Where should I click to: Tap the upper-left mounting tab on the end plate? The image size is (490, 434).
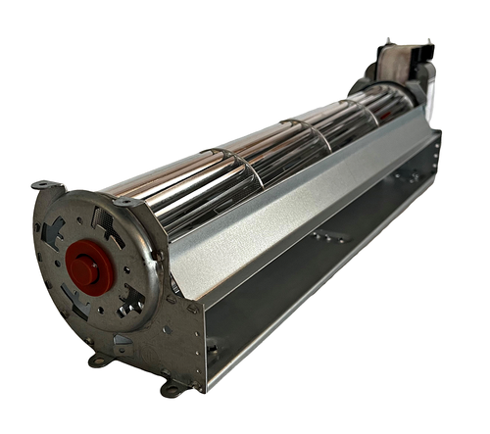pyautogui.click(x=44, y=185)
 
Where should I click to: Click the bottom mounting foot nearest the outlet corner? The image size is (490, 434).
pyautogui.click(x=172, y=388)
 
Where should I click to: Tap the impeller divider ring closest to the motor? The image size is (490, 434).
pyautogui.click(x=370, y=109)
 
